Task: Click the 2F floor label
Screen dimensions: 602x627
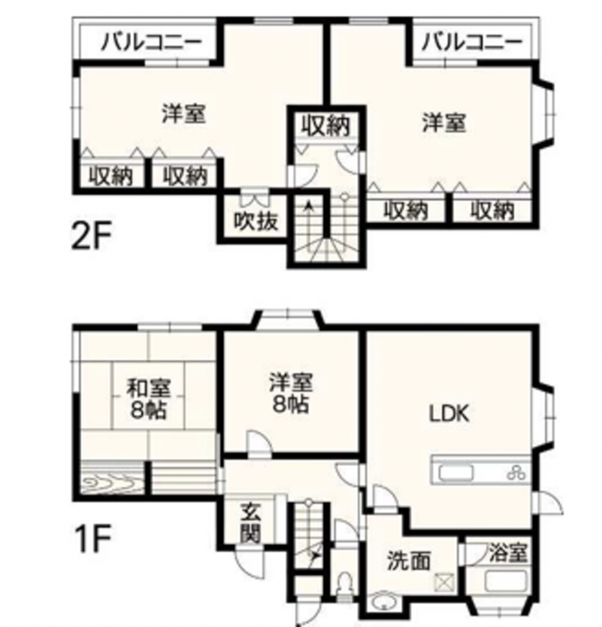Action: [90, 236]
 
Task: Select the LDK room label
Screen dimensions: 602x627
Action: [449, 414]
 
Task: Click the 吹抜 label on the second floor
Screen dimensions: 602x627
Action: [255, 221]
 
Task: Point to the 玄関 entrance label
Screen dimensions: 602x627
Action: [250, 523]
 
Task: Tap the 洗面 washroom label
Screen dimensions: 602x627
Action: [409, 561]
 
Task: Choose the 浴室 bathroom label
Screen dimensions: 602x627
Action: [508, 553]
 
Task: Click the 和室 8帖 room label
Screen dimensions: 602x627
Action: [149, 398]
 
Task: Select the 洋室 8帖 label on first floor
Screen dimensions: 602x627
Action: [291, 394]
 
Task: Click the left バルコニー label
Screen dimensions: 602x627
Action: [151, 42]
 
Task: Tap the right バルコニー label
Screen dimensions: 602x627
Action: [472, 42]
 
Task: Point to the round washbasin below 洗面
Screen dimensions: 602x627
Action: [382, 602]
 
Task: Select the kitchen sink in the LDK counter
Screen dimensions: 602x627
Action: [456, 473]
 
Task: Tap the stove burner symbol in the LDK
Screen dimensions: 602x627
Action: [516, 473]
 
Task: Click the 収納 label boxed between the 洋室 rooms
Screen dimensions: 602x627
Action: [326, 125]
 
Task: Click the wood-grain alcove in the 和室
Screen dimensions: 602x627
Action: [112, 480]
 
